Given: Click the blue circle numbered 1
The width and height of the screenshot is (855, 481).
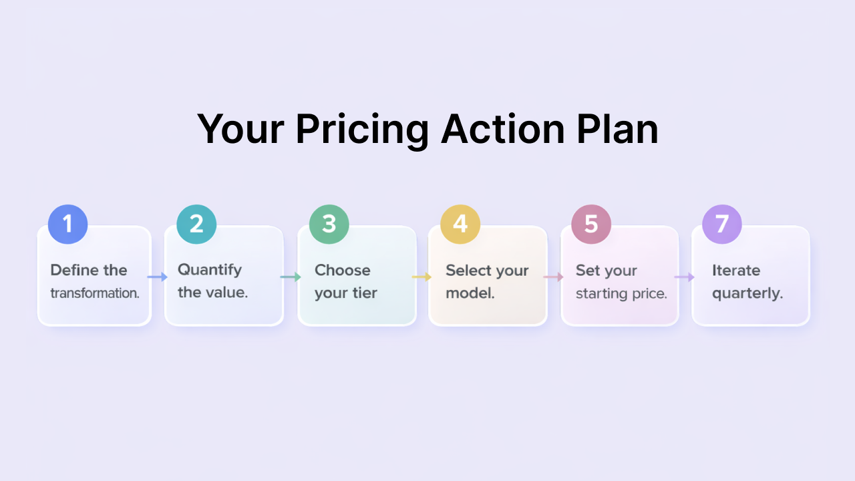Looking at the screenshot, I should tap(67, 224).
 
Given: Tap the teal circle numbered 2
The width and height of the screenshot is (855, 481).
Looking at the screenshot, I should tap(196, 224).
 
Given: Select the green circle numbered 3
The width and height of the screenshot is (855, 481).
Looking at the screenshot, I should tap(329, 224).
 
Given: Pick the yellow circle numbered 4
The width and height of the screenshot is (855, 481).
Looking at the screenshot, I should tap(460, 224).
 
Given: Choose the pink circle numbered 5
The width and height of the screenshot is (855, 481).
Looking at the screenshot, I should tap(591, 224).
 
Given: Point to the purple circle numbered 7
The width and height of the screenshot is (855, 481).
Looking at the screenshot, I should tap(722, 224).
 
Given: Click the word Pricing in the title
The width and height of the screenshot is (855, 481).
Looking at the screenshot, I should tap(362, 129).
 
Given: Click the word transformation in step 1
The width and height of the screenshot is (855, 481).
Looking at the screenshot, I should tap(94, 293).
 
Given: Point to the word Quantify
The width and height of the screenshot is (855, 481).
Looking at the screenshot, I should tap(210, 271).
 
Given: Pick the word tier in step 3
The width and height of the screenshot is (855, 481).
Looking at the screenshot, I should tap(365, 293).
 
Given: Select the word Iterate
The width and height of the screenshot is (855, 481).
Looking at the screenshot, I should tap(736, 271).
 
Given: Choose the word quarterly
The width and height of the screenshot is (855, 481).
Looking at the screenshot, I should tap(747, 293).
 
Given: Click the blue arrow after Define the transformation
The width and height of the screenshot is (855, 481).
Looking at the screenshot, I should tap(158, 277).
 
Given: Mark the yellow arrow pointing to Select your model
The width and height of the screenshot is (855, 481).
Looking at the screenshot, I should tap(421, 277).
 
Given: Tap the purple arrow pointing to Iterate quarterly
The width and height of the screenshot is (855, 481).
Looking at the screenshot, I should tap(685, 277).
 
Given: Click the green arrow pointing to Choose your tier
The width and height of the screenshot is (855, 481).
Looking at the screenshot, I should tap(291, 277).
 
